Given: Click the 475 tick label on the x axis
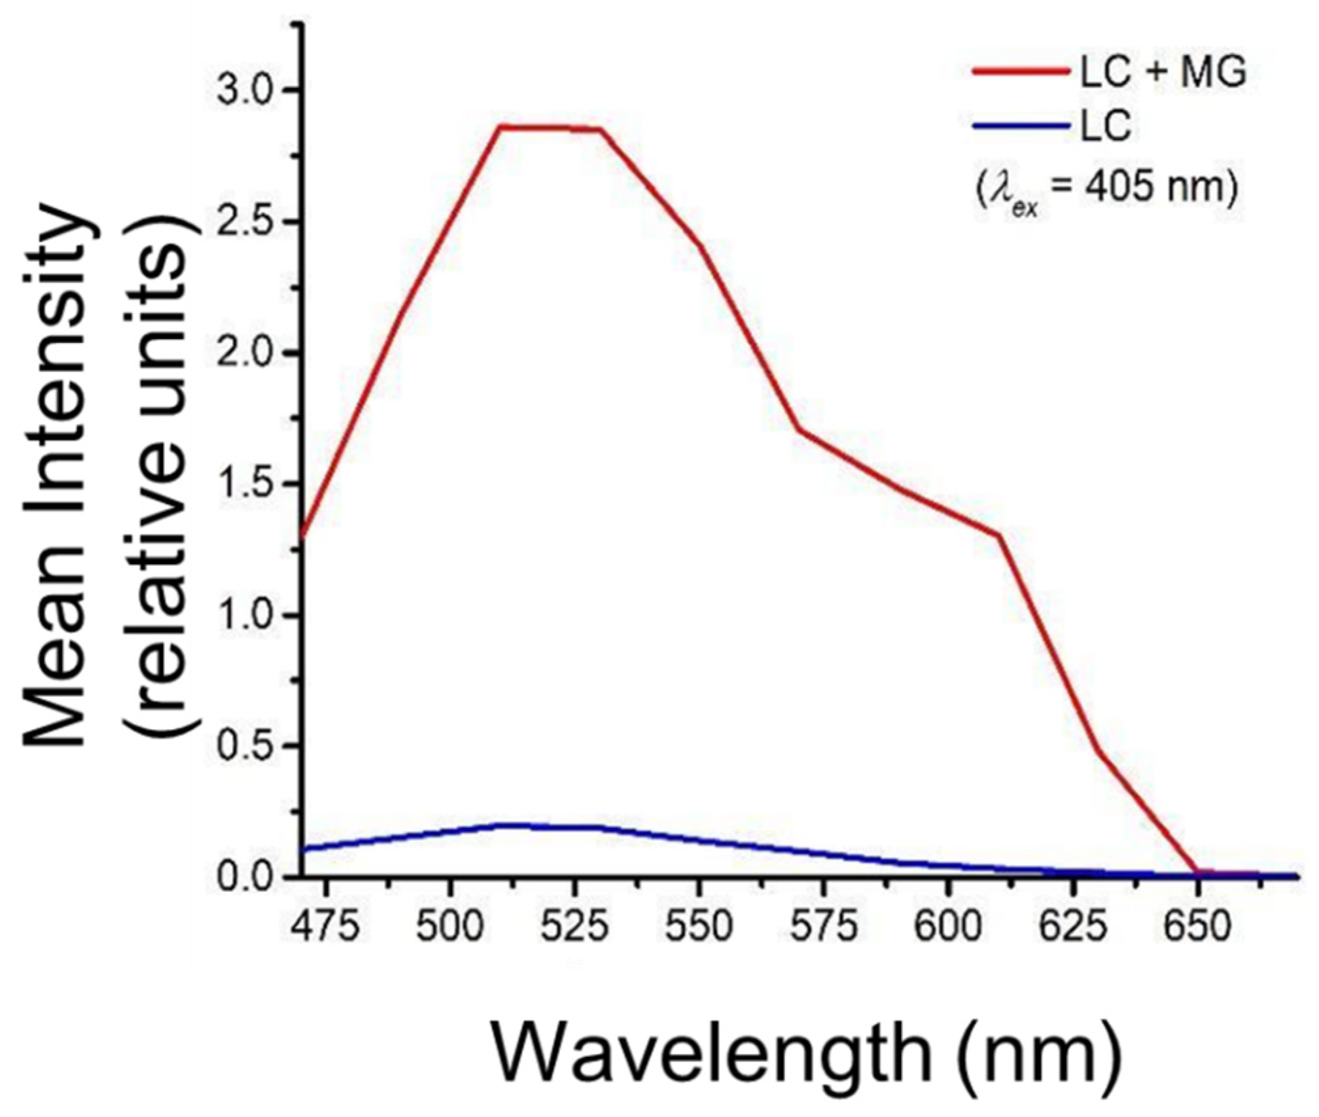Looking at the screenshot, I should pyautogui.click(x=325, y=927).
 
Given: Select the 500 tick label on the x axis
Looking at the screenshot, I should pyautogui.click(x=449, y=927).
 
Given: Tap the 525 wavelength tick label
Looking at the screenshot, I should pyautogui.click(x=574, y=927).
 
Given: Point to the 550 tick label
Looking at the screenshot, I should pyautogui.click(x=699, y=927).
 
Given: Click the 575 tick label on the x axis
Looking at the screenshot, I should pyautogui.click(x=824, y=927).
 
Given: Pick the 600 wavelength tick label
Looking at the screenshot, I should pyautogui.click(x=948, y=927).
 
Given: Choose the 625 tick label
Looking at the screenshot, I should pyautogui.click(x=1073, y=927).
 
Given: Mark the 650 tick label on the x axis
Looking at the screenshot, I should pyautogui.click(x=1197, y=927).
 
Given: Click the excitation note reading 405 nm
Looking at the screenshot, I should pyautogui.click(x=1106, y=190).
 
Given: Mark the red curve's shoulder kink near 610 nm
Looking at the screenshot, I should pyautogui.click(x=999, y=536).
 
